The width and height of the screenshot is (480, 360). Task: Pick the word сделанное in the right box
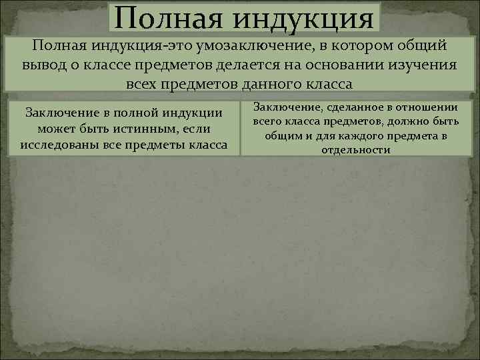[342, 109]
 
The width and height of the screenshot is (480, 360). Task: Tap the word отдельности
[355, 150]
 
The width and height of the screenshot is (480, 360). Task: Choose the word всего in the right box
[269, 123]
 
